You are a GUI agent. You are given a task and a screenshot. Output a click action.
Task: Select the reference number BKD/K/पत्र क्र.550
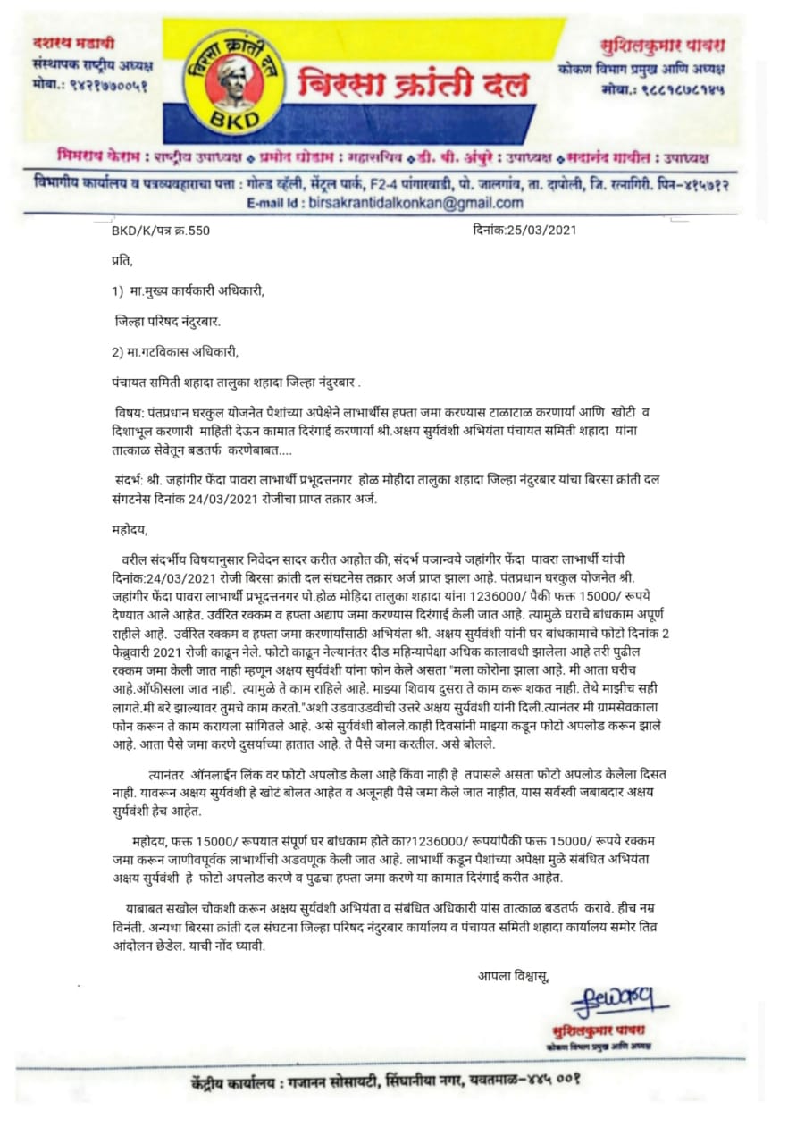[160, 230]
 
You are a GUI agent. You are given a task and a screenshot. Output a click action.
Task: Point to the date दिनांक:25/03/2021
[524, 230]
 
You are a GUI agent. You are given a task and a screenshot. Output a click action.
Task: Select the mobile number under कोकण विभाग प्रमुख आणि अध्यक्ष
[661, 90]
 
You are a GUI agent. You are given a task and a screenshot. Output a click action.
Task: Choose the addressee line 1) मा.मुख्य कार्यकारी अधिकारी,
[190, 291]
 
